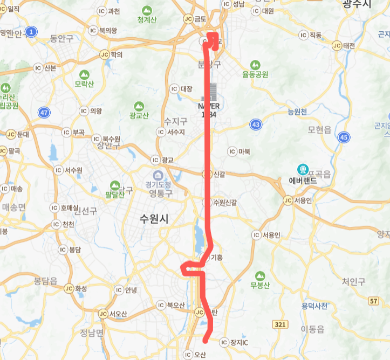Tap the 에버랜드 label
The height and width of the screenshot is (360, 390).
tap(303, 181)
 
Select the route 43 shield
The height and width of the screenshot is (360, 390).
tap(256, 125)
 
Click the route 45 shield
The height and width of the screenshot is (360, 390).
tap(344, 137)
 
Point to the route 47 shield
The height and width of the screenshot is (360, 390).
tap(44, 112)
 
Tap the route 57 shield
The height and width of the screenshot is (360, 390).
tap(374, 300)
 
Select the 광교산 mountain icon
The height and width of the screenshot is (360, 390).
tap(139, 106)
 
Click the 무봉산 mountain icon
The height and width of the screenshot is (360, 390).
tap(260, 275)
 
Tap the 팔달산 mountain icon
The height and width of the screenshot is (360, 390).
tap(114, 185)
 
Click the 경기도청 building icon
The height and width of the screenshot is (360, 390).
tap(158, 176)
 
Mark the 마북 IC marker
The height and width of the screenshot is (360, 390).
tap(232, 151)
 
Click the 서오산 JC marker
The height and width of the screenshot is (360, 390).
tap(103, 314)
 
